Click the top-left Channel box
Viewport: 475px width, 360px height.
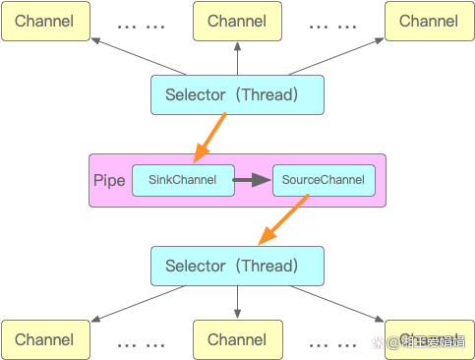tap(44, 21)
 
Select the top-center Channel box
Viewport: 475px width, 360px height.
tap(237, 21)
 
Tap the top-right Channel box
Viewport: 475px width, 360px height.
tap(428, 21)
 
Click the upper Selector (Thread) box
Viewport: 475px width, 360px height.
tap(237, 94)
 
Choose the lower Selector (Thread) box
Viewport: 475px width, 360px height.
tap(237, 266)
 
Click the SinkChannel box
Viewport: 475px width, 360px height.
tap(182, 180)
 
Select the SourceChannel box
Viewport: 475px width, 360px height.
tap(323, 180)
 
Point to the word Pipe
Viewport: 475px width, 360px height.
tap(108, 180)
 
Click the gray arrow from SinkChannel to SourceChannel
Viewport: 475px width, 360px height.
tap(252, 180)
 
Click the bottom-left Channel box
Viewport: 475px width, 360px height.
tap(44, 339)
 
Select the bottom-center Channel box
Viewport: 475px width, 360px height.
tap(237, 339)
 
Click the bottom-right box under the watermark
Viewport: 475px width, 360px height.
tap(428, 339)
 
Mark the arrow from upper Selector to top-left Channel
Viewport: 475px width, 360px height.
tap(138, 56)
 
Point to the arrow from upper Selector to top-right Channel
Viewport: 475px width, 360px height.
tap(334, 56)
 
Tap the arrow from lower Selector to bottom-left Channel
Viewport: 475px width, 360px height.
tap(138, 303)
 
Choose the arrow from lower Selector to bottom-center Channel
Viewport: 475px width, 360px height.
tap(237, 303)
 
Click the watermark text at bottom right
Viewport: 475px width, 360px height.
tap(433, 342)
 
